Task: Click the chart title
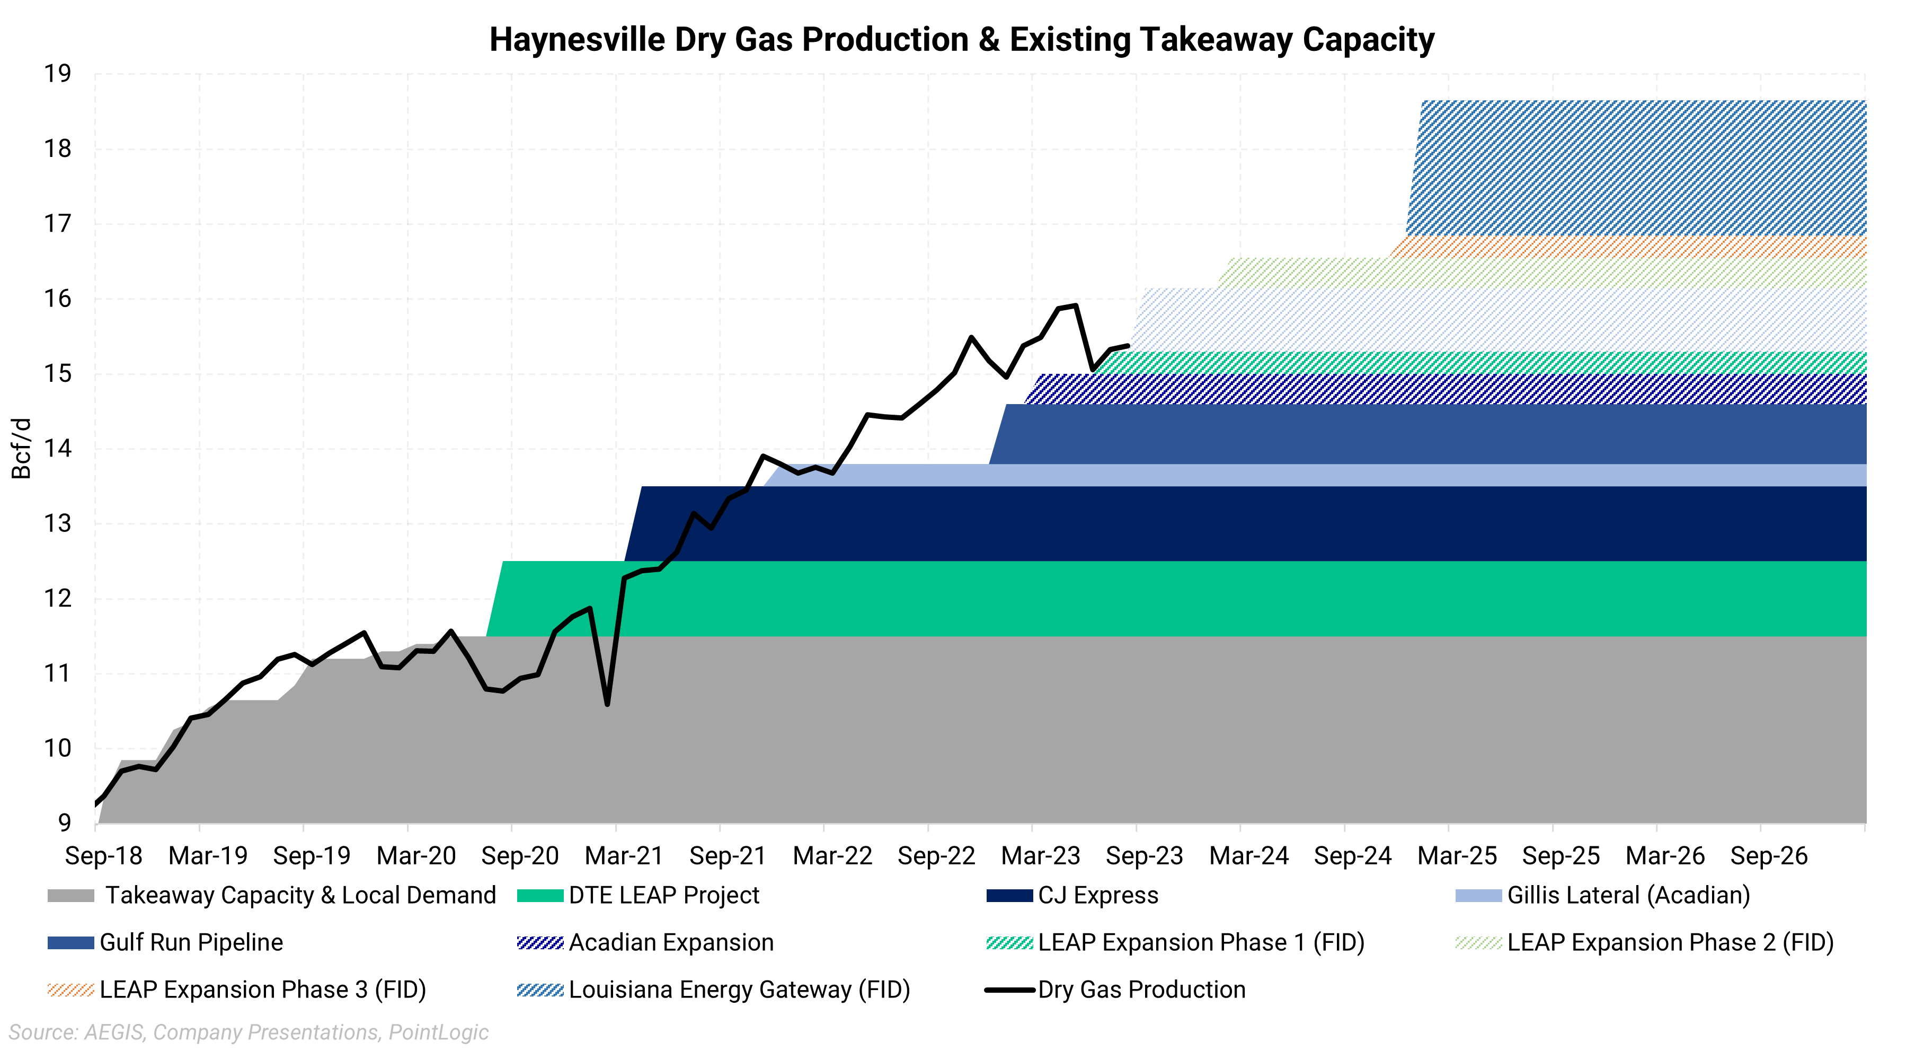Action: pyautogui.click(x=961, y=40)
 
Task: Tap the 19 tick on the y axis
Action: pyautogui.click(x=58, y=74)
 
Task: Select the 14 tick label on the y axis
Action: pyautogui.click(x=58, y=449)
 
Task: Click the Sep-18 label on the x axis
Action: pyautogui.click(x=103, y=855)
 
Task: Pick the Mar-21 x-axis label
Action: pyautogui.click(x=624, y=855)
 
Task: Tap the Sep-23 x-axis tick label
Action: pyautogui.click(x=1144, y=855)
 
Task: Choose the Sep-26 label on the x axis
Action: pyautogui.click(x=1769, y=855)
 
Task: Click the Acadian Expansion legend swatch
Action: pyautogui.click(x=540, y=942)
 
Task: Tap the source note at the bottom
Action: pyautogui.click(x=249, y=1032)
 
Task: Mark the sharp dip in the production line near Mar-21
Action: pyautogui.click(x=607, y=703)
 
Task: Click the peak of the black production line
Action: pyautogui.click(x=1075, y=305)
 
